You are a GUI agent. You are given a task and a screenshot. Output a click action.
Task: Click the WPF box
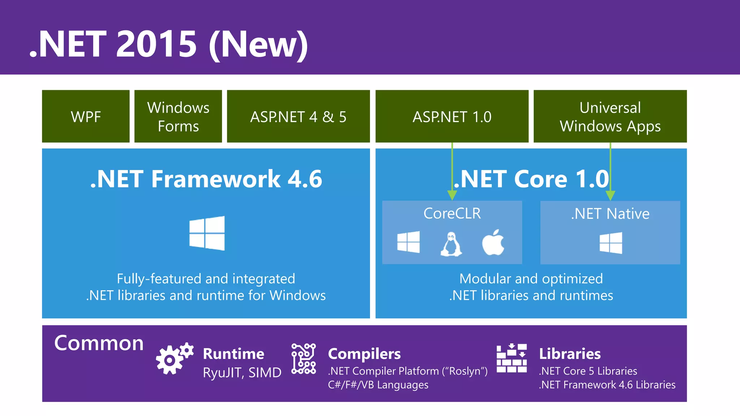click(x=86, y=116)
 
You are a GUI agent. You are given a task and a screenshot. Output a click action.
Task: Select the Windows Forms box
click(x=178, y=116)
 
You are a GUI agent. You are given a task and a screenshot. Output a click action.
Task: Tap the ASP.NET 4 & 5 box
click(x=298, y=116)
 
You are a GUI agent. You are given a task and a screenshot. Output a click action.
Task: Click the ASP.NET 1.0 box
click(x=452, y=116)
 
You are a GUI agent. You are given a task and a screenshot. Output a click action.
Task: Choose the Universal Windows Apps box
click(x=610, y=116)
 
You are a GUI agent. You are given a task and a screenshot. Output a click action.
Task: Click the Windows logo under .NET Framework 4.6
click(x=207, y=233)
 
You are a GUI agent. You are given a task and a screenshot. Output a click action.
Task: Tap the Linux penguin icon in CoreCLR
click(x=451, y=244)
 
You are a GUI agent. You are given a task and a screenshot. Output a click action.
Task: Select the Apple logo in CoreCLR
click(x=493, y=243)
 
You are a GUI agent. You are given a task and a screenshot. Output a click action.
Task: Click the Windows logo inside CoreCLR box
click(x=408, y=242)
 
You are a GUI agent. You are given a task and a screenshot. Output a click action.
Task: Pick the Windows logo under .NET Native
click(x=611, y=243)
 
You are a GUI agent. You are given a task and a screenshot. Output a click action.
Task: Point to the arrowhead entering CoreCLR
click(x=452, y=195)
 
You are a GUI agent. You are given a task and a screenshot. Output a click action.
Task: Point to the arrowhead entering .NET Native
click(x=610, y=195)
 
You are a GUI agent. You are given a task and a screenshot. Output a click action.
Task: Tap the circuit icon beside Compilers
click(x=304, y=359)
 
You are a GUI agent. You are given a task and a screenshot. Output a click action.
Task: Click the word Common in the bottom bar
click(x=99, y=343)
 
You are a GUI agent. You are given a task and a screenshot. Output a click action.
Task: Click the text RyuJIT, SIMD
click(x=242, y=373)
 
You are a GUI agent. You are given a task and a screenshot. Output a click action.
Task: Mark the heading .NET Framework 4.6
click(x=206, y=179)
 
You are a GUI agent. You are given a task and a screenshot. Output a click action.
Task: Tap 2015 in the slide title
click(x=156, y=44)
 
